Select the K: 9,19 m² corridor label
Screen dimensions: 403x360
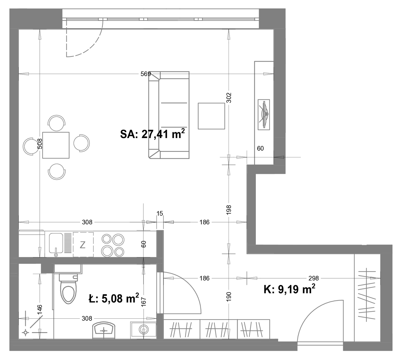(289, 289)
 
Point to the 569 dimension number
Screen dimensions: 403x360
(146, 74)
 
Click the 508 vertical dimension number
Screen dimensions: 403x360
(40, 143)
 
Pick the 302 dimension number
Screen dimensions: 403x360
(229, 98)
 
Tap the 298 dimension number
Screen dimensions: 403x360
(314, 278)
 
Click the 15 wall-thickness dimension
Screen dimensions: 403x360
(160, 214)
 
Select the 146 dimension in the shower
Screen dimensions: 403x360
(40, 310)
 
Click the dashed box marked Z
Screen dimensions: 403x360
(83, 244)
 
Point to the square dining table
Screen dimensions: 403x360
(56, 145)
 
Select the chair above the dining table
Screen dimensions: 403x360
(57, 123)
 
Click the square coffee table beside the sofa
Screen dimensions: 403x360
(211, 116)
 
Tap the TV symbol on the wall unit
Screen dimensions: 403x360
(264, 115)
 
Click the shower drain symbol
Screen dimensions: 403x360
(25, 332)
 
